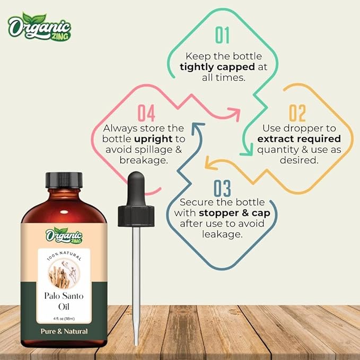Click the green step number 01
222,35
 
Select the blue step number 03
222,188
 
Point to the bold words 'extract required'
299,139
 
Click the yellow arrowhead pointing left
208,165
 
